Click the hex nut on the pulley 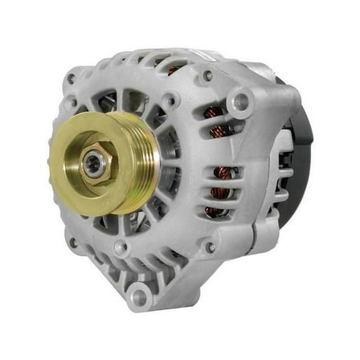pos(97,163)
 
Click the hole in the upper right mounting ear pos(239,102)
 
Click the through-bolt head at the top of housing pos(208,76)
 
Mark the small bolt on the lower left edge pos(74,242)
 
